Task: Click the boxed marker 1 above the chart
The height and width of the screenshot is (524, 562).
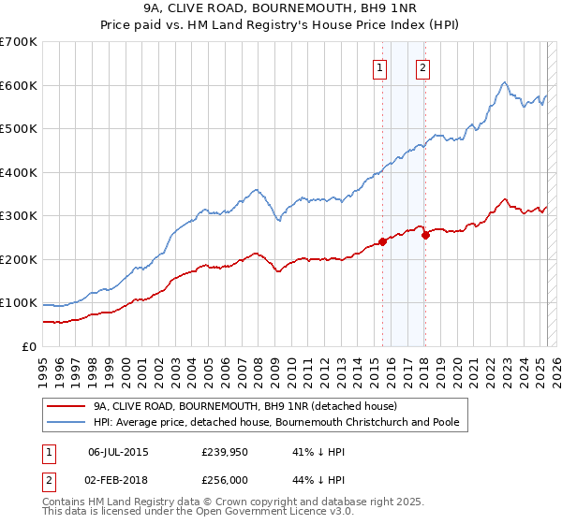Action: [380, 67]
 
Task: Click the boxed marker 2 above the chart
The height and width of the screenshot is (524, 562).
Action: [423, 67]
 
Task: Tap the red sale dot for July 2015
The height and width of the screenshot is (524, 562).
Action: [382, 241]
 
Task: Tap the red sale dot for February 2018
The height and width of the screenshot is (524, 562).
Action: [425, 235]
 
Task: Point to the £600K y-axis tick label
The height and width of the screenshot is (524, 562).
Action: [18, 85]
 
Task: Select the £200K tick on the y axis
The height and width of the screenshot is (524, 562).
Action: [18, 259]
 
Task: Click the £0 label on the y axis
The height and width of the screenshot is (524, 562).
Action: [28, 346]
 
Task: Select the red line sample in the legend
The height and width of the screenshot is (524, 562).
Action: [68, 406]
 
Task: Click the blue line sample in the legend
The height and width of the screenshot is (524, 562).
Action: [68, 422]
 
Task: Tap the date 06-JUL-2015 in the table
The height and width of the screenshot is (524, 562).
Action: [118, 451]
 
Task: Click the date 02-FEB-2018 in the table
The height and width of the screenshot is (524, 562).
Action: [118, 479]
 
